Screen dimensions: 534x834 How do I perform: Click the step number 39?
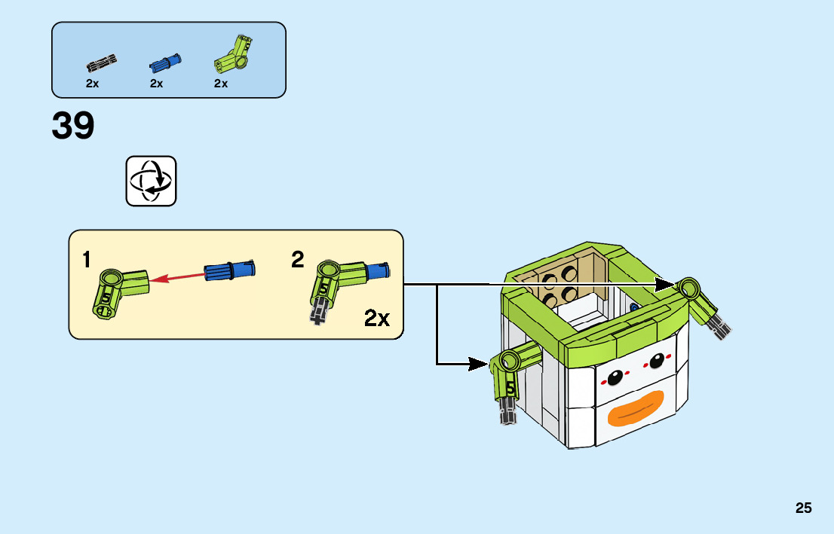click(73, 126)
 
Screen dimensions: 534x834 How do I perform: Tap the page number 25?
click(803, 508)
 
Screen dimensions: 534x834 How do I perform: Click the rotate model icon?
click(151, 181)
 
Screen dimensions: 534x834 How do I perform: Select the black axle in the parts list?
click(101, 61)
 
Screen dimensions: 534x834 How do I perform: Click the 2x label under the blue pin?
click(156, 84)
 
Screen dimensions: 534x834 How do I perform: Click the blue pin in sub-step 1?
click(230, 269)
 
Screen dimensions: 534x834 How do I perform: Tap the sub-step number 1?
click(87, 260)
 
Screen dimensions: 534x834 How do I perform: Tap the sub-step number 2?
click(298, 260)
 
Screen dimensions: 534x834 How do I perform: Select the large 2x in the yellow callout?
click(376, 318)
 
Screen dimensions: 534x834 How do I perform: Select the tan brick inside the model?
click(562, 282)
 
